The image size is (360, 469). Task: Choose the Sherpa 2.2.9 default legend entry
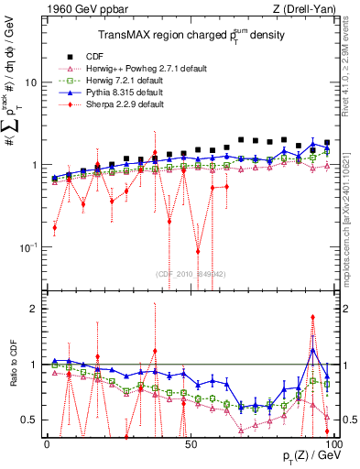[x=137, y=104]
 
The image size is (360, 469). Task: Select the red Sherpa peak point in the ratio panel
[x=313, y=318]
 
